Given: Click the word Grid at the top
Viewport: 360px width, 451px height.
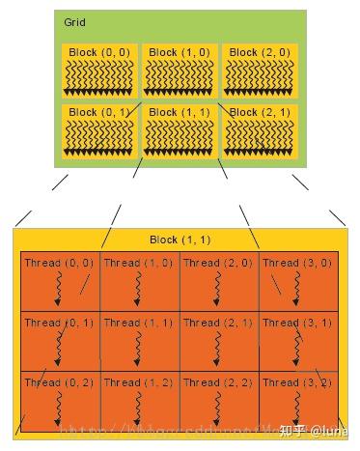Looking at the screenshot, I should tap(74, 21).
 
